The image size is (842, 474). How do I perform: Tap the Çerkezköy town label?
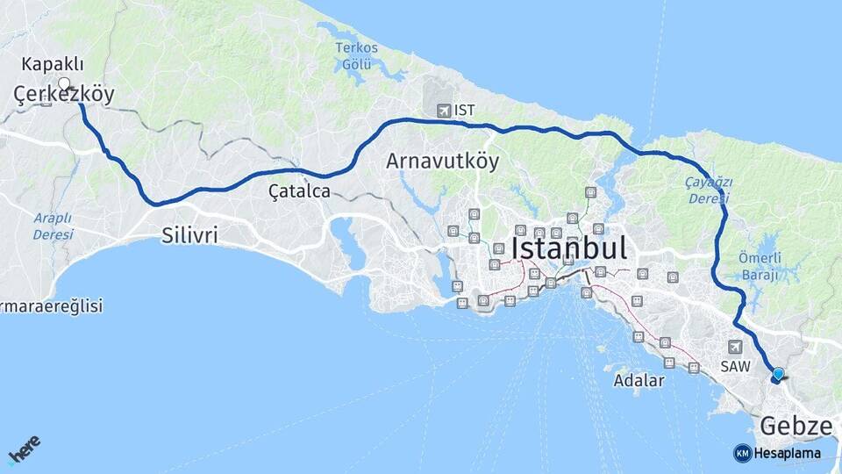click(64, 95)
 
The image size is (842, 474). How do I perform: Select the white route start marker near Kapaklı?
click(64, 83)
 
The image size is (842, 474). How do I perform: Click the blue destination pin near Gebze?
click(778, 375)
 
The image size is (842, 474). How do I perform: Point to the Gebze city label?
click(796, 427)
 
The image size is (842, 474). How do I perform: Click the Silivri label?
click(189, 235)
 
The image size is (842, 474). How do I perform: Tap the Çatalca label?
click(300, 190)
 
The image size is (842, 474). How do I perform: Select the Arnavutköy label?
click(442, 162)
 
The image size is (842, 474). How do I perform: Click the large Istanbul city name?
click(569, 248)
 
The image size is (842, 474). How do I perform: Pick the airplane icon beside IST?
click(443, 111)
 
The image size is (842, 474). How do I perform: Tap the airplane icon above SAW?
click(734, 347)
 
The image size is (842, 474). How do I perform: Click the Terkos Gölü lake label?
click(357, 56)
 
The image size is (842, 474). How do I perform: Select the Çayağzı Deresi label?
click(707, 190)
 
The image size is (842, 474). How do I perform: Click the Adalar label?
click(639, 381)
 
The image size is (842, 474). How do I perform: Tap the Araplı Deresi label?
click(54, 226)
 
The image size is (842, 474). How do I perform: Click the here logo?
click(25, 451)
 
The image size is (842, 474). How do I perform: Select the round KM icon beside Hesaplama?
click(742, 453)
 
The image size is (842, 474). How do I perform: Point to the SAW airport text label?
click(734, 366)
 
